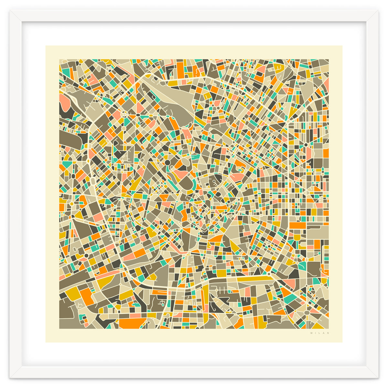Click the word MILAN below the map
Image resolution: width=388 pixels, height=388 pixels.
click(319, 333)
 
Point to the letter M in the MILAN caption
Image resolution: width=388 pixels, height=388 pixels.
click(311, 333)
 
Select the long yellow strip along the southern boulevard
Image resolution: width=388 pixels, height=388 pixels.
click(252, 279)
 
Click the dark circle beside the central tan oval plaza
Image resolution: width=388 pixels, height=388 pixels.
click(167, 162)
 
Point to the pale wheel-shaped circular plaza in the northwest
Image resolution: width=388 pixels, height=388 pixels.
click(124, 114)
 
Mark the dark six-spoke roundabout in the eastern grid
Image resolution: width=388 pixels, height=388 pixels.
click(306, 145)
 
